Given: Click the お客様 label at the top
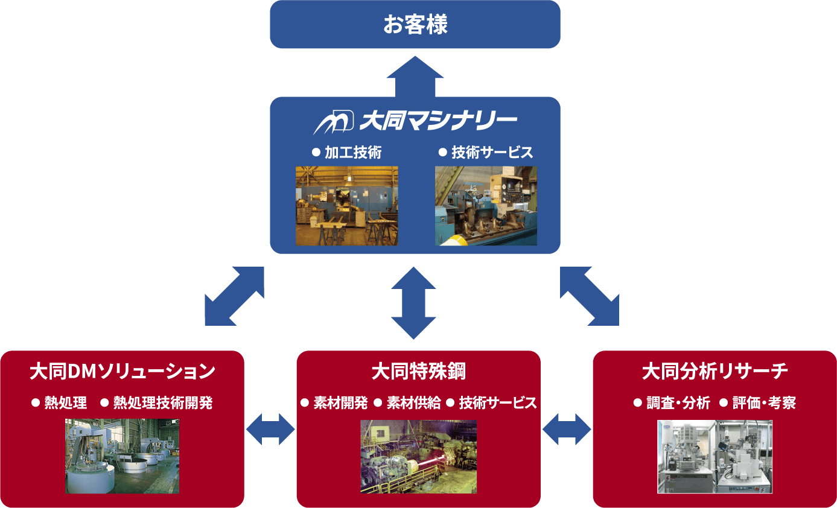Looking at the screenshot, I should pos(415,25).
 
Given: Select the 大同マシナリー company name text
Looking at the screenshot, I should pos(438,121).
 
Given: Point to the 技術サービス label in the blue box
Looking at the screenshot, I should pos(492,153).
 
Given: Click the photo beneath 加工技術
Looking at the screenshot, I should pos(346,206).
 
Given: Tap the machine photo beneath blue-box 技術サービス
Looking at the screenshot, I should pos(486,206).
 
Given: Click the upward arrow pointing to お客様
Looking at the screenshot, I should pos(415,76).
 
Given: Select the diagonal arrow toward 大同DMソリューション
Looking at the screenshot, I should pos(234,296).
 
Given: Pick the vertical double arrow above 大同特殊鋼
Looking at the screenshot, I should pos(414,302).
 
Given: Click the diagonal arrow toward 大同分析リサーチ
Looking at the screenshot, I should pos(590,296).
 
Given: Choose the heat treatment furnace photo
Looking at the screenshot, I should pos(122,456).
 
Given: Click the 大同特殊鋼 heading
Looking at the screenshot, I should pos(418,371).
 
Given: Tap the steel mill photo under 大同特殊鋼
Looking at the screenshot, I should pos(418,456).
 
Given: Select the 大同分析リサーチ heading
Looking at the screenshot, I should pos(715,371).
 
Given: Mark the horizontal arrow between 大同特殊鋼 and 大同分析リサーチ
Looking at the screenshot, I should pos(567,429).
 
